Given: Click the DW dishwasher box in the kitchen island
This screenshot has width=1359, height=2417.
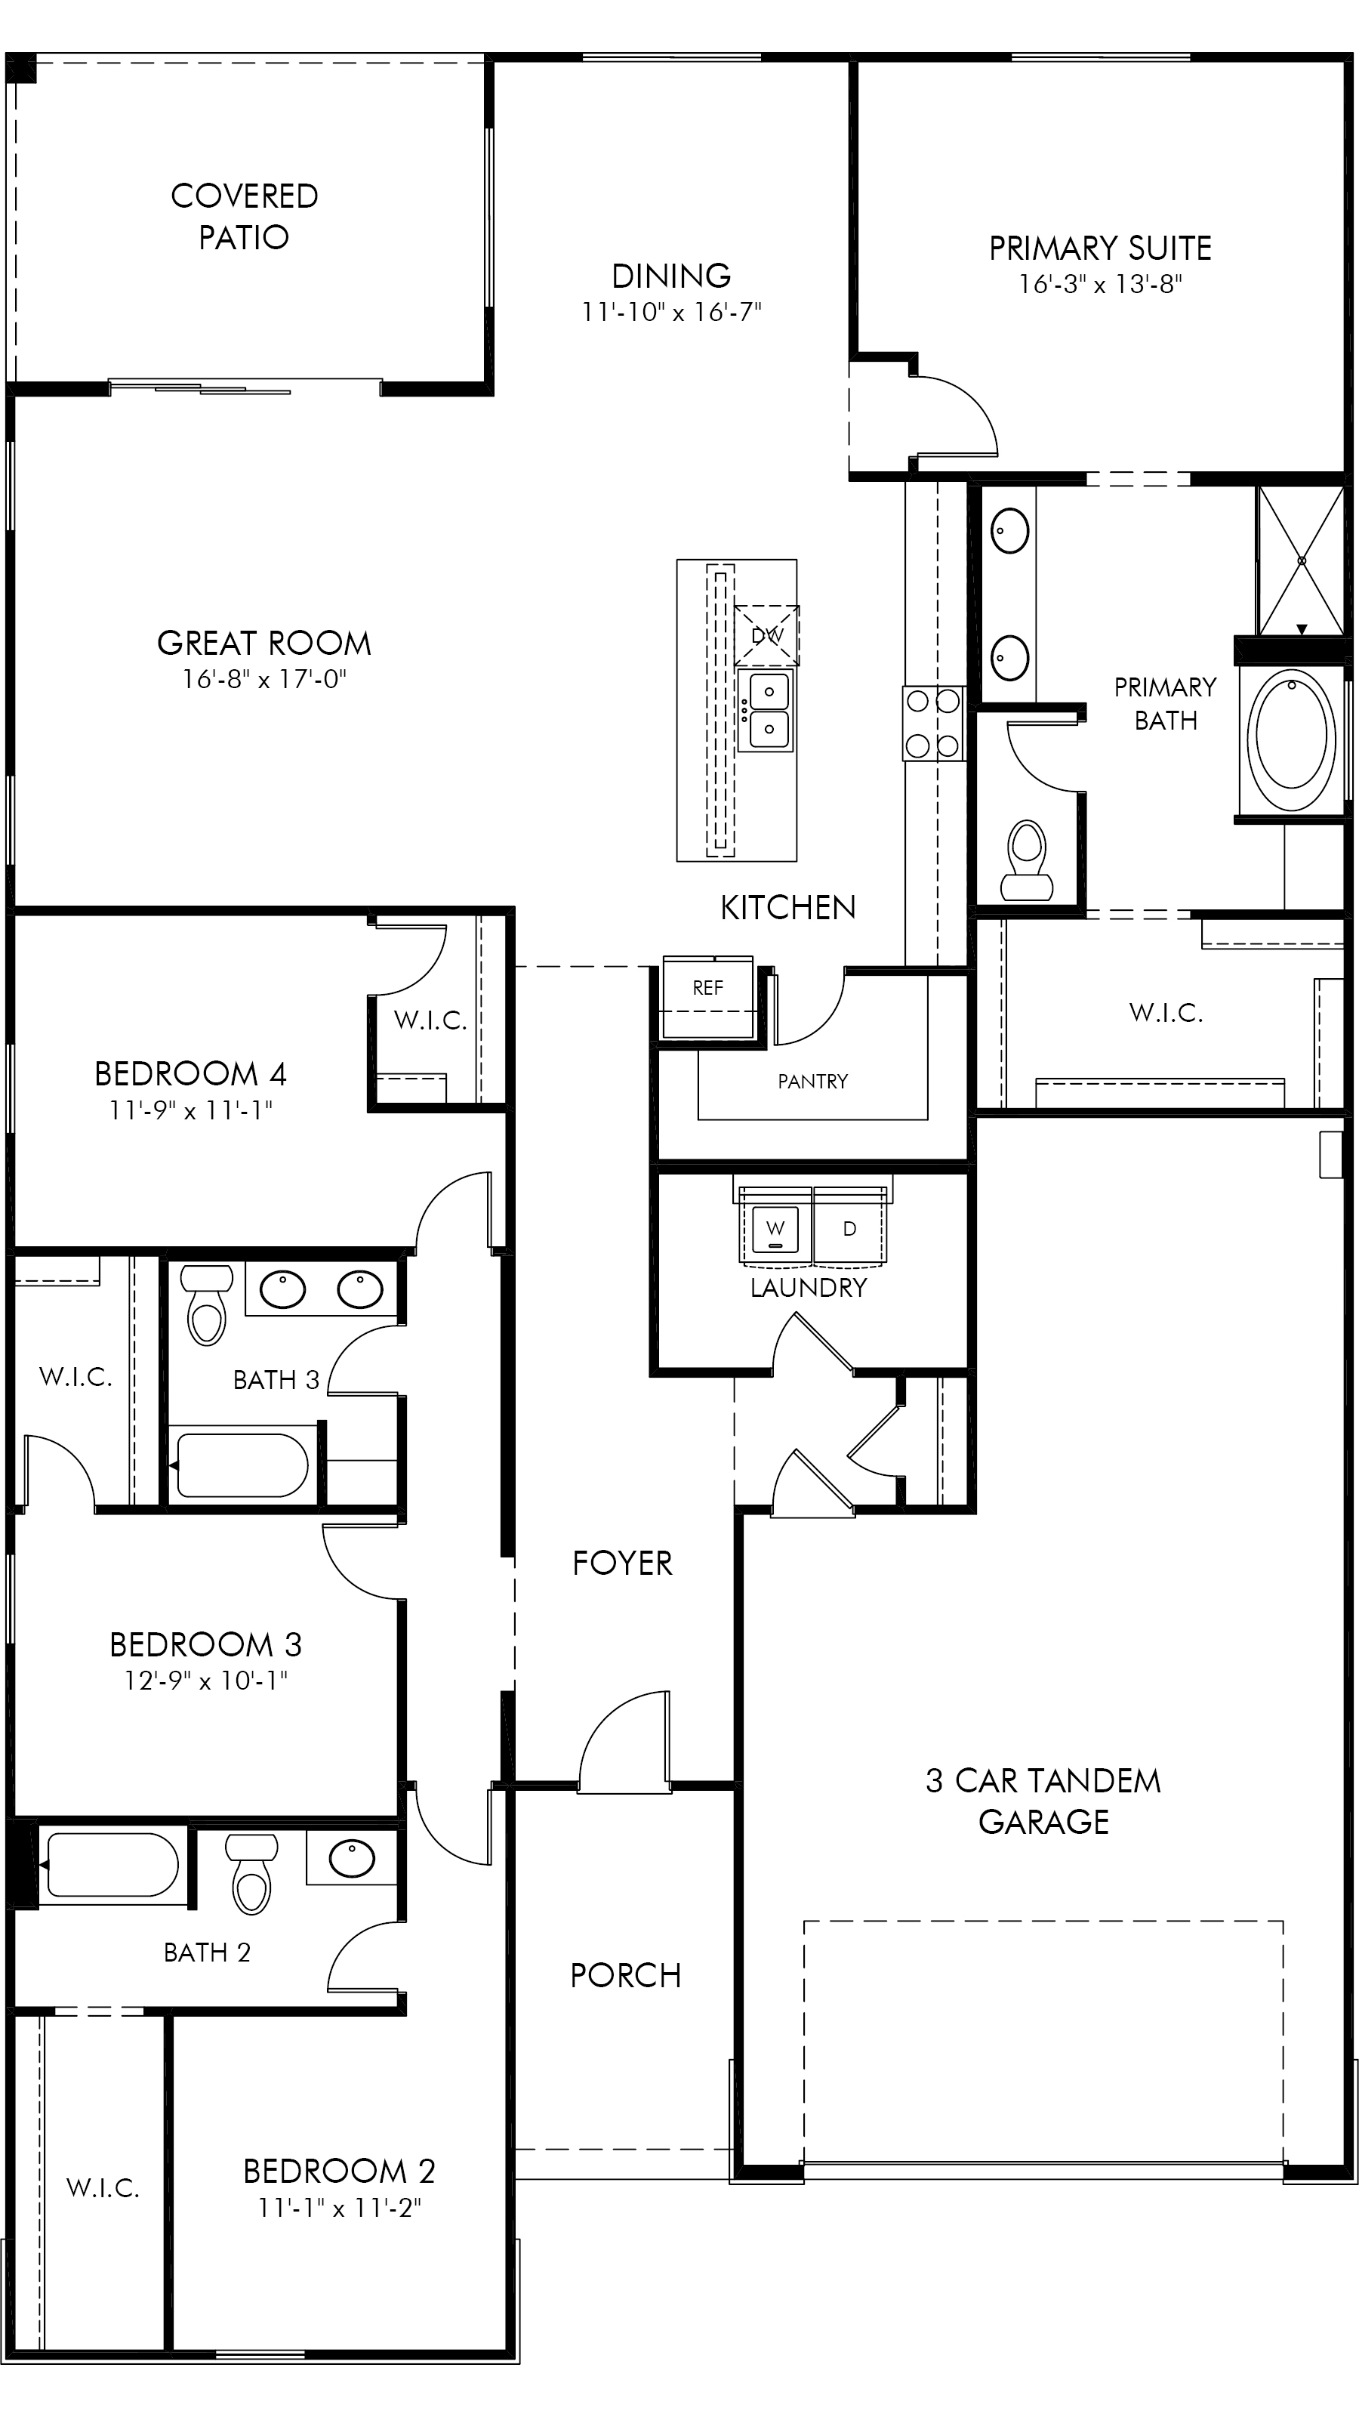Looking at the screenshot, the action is [766, 635].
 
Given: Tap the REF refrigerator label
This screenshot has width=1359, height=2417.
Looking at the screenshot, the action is [708, 987].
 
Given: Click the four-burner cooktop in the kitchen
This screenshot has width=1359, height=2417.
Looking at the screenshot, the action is [933, 723].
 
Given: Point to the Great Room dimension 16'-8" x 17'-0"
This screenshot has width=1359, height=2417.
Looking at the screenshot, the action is [264, 678].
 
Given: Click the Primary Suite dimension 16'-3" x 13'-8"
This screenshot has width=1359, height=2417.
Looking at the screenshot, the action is [1100, 283].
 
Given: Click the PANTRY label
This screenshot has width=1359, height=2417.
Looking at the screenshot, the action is [812, 1082].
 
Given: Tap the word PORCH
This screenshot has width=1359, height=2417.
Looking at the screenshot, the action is [626, 1976].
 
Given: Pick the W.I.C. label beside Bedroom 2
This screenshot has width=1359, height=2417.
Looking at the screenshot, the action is [103, 2189].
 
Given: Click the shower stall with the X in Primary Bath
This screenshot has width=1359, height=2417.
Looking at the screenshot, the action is [1301, 560].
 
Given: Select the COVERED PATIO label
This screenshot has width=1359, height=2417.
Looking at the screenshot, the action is [244, 216].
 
